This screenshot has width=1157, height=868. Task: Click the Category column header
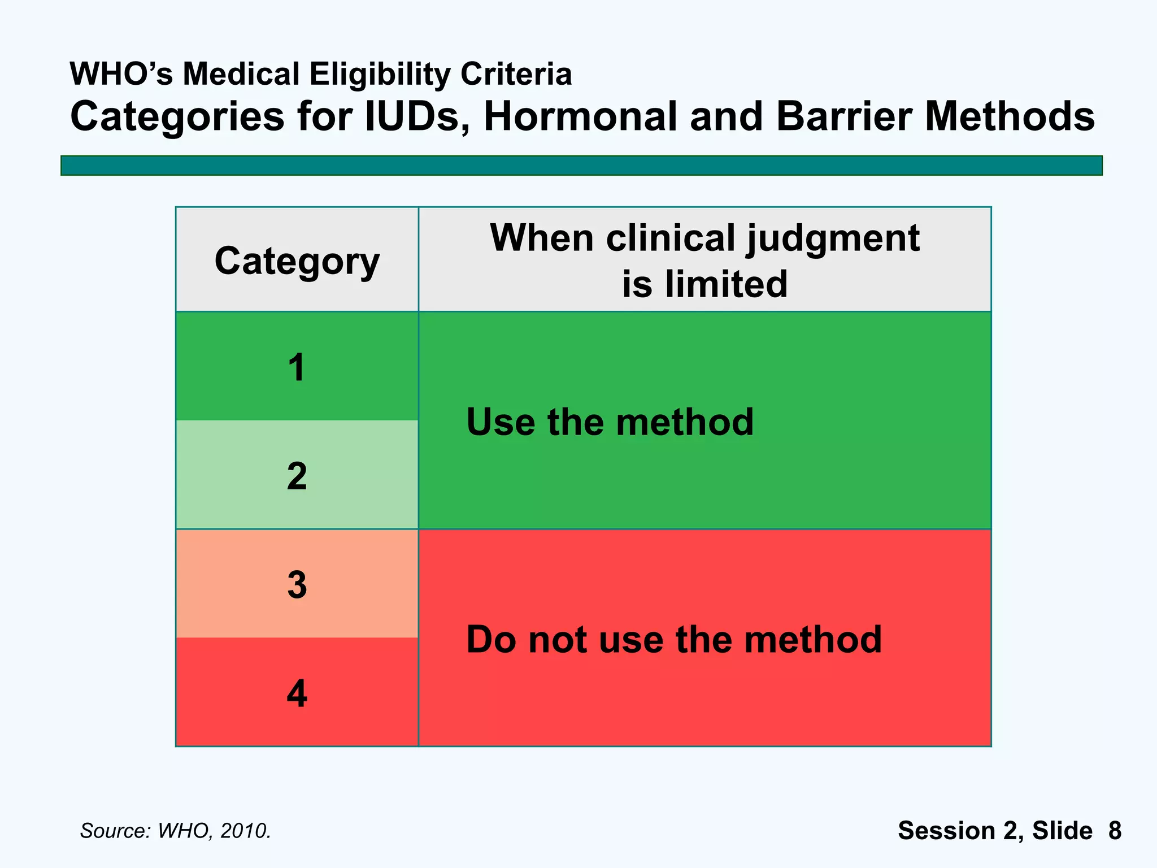[x=297, y=261]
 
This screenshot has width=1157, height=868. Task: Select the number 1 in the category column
[x=297, y=368]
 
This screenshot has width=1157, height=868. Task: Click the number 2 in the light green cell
[x=297, y=476]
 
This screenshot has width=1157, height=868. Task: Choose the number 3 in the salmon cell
[x=297, y=585]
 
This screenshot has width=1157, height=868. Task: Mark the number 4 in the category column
[x=297, y=693]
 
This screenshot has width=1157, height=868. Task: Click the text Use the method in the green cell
[x=610, y=422]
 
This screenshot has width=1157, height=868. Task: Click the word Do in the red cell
[x=491, y=640]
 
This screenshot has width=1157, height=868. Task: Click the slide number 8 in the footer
[x=1115, y=831]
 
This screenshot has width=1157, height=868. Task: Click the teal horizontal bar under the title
[x=581, y=166]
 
